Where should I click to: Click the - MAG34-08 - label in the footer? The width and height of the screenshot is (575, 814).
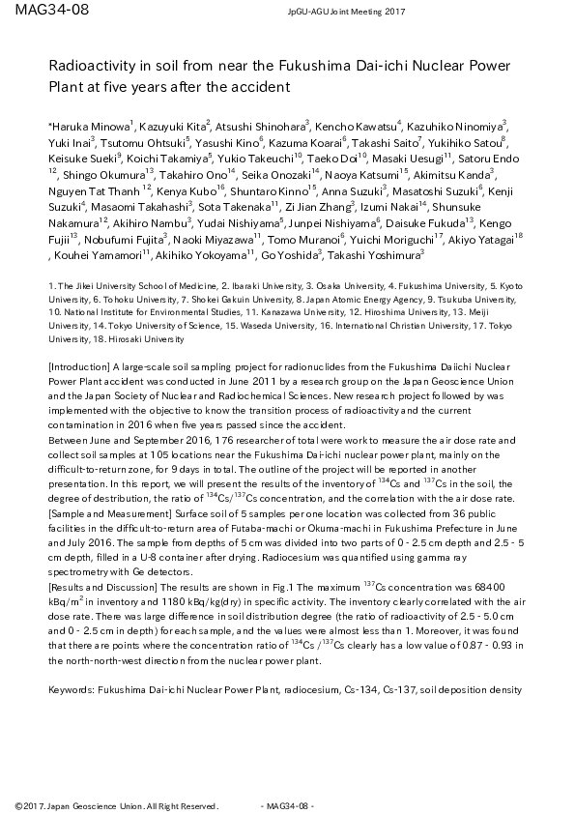[290, 805]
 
